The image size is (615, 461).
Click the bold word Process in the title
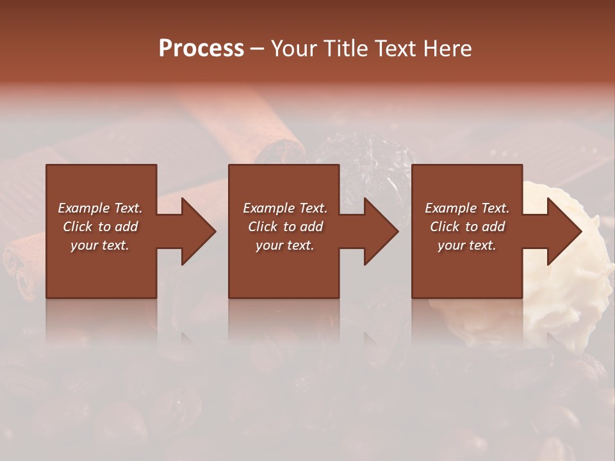pyautogui.click(x=201, y=49)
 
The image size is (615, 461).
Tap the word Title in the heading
pyautogui.click(x=345, y=49)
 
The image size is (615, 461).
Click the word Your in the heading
pyautogui.click(x=295, y=49)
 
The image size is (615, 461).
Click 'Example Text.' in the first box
pyautogui.click(x=100, y=208)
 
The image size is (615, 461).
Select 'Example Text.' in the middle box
pyautogui.click(x=285, y=208)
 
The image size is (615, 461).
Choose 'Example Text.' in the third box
pyautogui.click(x=467, y=208)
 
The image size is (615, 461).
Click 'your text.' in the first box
pyautogui.click(x=100, y=245)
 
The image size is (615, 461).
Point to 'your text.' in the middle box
pyautogui.click(x=285, y=245)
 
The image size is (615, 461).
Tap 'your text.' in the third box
pyautogui.click(x=467, y=245)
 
